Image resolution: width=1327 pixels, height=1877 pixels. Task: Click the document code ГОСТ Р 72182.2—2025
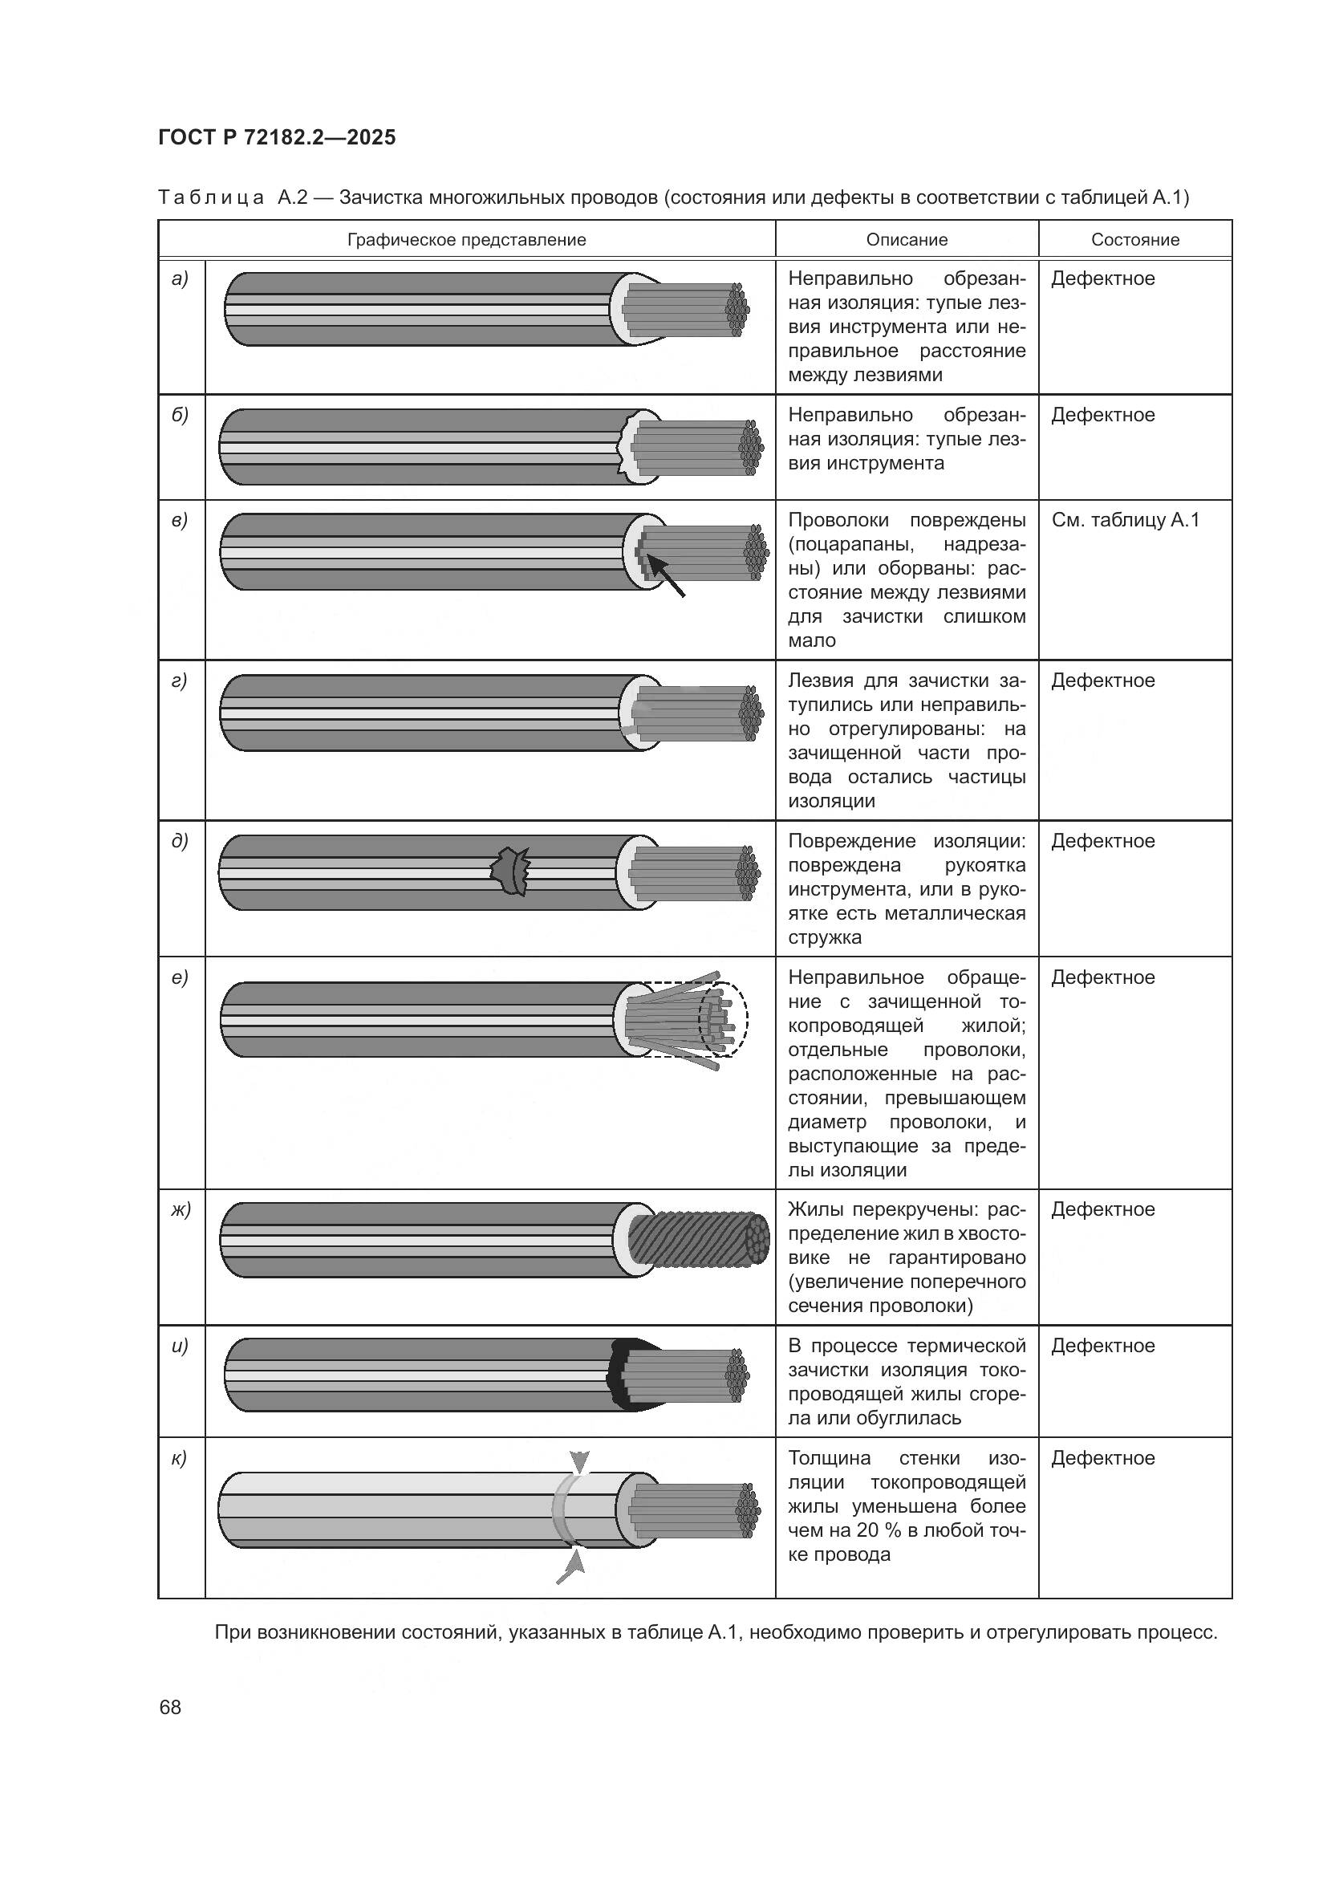coord(276,137)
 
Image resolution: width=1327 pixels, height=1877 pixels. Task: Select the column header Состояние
coord(1134,239)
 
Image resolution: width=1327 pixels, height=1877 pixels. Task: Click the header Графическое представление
coord(466,239)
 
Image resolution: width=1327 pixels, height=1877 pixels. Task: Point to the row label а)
coord(180,278)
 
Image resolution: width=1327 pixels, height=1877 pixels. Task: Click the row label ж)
coord(181,1209)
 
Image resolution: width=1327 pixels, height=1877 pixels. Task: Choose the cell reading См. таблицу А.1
coord(1124,520)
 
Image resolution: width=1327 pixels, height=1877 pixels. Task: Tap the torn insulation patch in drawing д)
coord(511,871)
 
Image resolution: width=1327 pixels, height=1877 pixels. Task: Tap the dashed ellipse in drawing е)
coord(722,1020)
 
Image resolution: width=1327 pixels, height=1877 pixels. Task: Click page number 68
coord(170,1707)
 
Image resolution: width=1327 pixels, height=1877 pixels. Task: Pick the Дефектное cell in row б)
coord(1102,416)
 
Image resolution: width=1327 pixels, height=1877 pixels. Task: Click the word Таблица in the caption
coord(211,197)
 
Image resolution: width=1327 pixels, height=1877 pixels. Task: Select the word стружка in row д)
coord(824,937)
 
